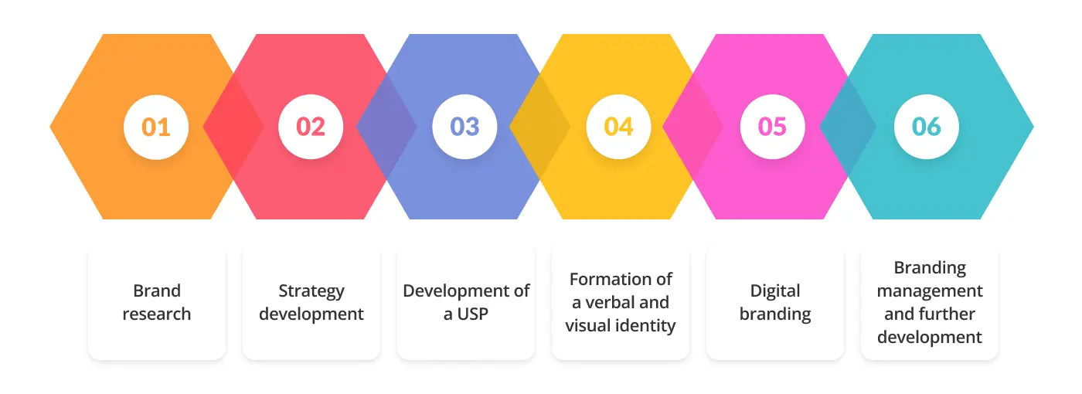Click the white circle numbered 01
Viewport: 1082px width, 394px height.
click(156, 127)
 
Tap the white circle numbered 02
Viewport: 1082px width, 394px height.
click(310, 127)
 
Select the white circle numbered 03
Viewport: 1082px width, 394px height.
click(464, 127)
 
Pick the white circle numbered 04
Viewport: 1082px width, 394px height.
click(618, 127)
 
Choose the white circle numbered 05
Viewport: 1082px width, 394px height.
click(772, 127)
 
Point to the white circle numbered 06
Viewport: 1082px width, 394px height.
click(926, 127)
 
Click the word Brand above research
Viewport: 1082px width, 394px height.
click(157, 291)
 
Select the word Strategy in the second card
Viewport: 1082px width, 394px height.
click(311, 291)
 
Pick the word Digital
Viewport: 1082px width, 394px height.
click(775, 291)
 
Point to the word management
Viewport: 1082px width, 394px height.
click(930, 291)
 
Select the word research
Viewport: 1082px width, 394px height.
click(157, 314)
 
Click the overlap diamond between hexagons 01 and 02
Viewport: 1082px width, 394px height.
click(233, 127)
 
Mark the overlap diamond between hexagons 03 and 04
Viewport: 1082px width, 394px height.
click(539, 127)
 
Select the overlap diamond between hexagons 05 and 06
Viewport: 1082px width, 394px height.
click(848, 127)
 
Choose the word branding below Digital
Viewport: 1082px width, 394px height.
click(775, 314)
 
